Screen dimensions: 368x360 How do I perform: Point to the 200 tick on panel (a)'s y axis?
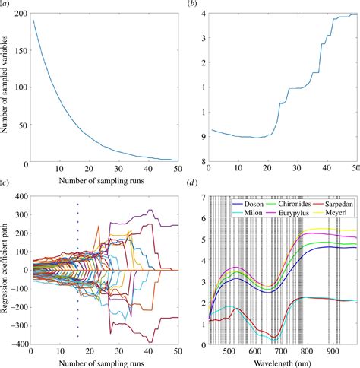17,14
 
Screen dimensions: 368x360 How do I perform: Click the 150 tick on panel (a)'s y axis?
17,51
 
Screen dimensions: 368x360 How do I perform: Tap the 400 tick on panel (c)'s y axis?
16,197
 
